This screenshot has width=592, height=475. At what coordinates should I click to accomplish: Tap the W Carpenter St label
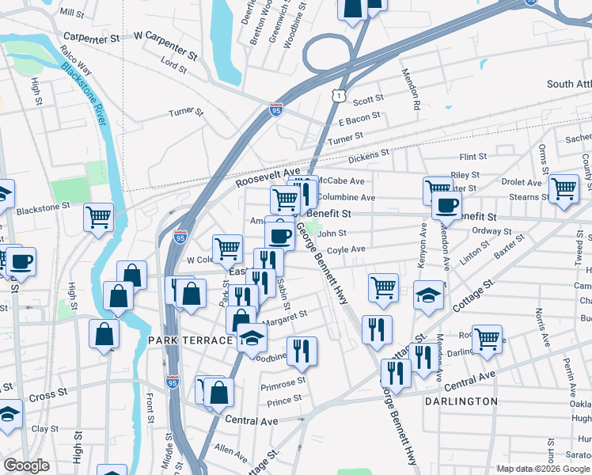tap(165, 45)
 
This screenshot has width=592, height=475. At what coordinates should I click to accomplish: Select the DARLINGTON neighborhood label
tap(461, 401)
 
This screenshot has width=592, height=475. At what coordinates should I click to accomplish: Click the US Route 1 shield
tap(339, 95)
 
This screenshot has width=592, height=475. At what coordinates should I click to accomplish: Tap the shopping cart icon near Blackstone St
tap(99, 216)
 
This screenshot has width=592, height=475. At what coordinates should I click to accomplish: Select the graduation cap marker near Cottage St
tap(428, 295)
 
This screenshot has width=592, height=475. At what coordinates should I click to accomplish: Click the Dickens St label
tap(369, 155)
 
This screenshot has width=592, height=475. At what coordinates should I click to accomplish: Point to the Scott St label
tap(368, 101)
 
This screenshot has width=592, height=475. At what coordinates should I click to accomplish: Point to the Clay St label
tap(40, 428)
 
